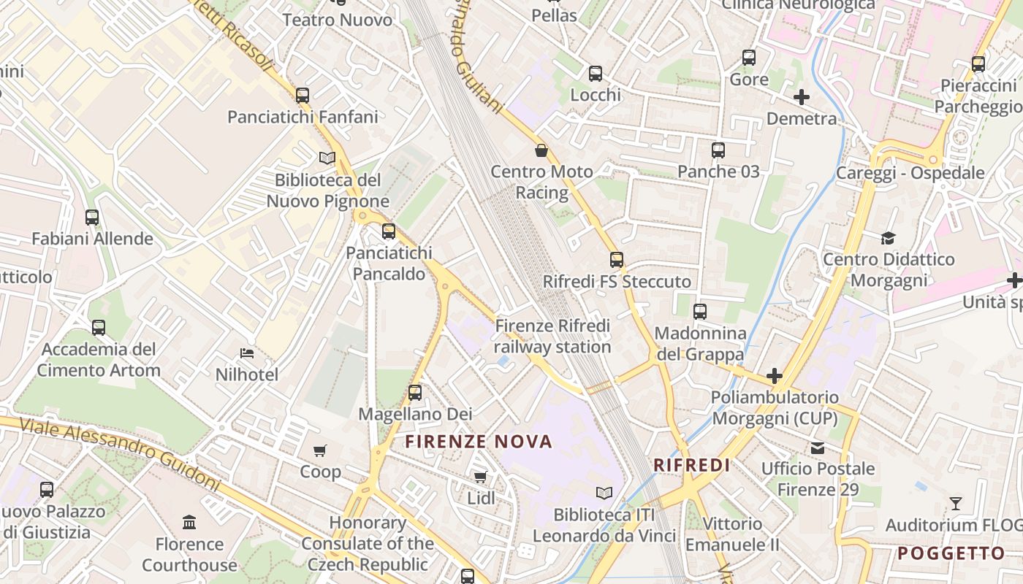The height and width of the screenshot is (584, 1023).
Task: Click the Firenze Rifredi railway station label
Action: (x=552, y=336)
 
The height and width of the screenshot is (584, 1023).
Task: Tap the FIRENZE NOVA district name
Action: (x=479, y=442)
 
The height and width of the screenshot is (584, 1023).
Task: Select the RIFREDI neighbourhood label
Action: (x=692, y=465)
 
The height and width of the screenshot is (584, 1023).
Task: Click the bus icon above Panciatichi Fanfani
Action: (x=303, y=95)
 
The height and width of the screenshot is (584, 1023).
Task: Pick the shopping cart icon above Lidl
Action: (x=480, y=477)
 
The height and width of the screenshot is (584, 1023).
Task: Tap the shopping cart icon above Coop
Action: (x=319, y=450)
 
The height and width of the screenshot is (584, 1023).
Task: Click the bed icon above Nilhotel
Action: (x=247, y=353)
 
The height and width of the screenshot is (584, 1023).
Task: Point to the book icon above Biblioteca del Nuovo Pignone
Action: (x=327, y=158)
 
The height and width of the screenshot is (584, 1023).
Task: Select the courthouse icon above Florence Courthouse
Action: (x=190, y=522)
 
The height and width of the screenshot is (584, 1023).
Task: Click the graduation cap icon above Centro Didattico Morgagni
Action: (x=888, y=238)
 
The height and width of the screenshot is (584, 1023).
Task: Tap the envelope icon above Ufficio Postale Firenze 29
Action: (x=817, y=447)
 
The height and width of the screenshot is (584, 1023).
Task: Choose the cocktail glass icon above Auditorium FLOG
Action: (x=955, y=503)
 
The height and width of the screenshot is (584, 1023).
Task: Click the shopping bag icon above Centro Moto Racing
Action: (x=541, y=150)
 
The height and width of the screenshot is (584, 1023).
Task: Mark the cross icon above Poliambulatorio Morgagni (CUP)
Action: (x=775, y=376)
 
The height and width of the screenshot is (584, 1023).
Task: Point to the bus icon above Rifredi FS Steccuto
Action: (x=617, y=260)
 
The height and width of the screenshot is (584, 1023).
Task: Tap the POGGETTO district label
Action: (x=951, y=553)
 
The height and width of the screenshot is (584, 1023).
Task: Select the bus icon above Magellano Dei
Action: (x=415, y=393)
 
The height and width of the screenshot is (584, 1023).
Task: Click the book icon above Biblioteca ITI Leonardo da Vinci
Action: (x=604, y=493)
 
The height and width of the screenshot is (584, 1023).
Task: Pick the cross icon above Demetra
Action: (x=802, y=96)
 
